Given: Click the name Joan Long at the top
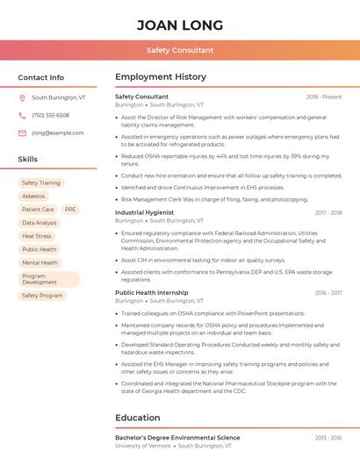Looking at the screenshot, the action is point(180,25).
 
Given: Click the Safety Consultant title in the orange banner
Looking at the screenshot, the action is point(180,50).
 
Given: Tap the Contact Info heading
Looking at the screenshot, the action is point(41,77).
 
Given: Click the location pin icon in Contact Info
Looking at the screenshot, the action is point(22,98).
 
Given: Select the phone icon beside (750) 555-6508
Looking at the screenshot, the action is point(22,115).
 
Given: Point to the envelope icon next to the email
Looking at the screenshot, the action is point(22,132).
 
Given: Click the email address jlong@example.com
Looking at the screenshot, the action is point(58,132).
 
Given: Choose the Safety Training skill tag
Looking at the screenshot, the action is point(41,182).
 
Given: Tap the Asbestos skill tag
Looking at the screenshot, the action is point(33,196).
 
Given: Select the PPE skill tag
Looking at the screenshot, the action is point(70,210).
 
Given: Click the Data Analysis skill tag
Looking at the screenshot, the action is point(40,223).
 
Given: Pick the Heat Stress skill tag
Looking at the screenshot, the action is point(37,236).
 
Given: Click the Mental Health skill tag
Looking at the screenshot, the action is point(40,262).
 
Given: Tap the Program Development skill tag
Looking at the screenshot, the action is point(40,279).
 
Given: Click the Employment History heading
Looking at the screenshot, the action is point(161,77).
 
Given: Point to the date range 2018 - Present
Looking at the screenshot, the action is point(324,97).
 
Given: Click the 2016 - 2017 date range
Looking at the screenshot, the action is point(328,293).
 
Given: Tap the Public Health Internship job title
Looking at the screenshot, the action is point(152,293).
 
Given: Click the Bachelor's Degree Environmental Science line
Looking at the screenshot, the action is point(177,438).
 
